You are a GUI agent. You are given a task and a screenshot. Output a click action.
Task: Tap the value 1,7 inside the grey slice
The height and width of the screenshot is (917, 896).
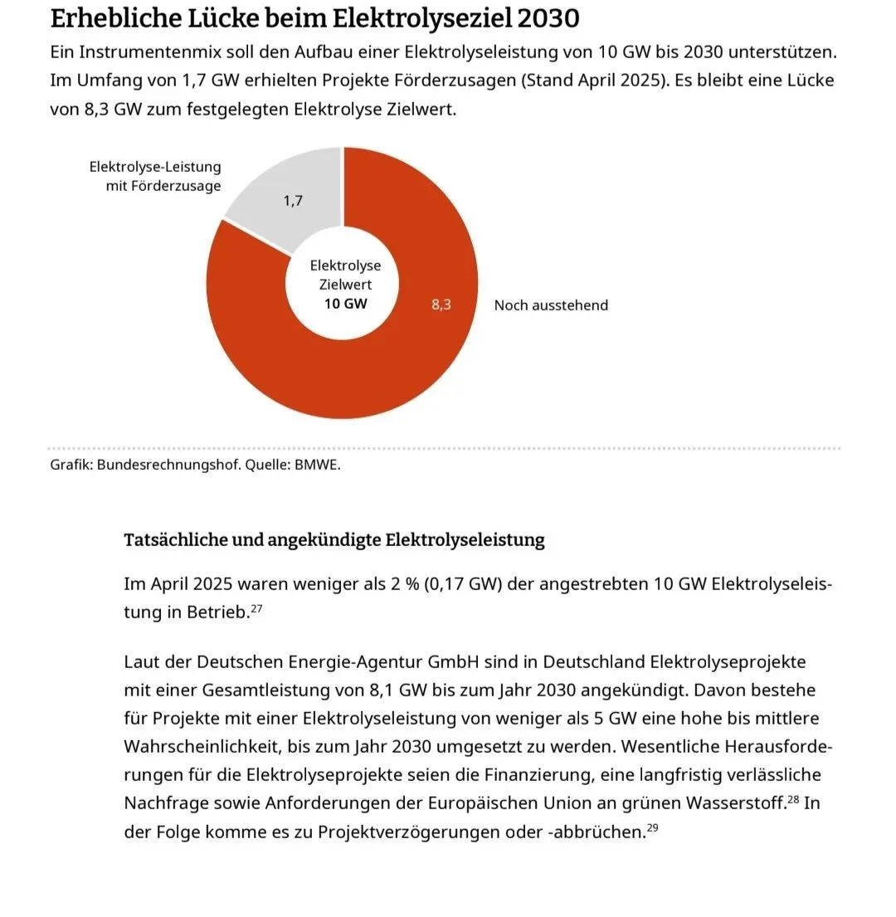click(x=293, y=200)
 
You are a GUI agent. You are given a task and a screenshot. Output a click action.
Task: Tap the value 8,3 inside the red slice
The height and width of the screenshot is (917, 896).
click(x=441, y=305)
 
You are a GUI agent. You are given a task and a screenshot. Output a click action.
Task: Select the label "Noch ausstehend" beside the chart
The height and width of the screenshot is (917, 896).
click(x=551, y=305)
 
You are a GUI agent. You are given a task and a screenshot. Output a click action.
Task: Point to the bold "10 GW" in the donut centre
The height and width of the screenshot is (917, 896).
click(x=345, y=304)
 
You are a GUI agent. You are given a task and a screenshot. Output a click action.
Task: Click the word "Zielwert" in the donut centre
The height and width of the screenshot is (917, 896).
click(x=345, y=285)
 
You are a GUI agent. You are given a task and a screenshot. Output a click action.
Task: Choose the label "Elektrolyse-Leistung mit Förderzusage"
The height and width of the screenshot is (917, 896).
click(x=155, y=177)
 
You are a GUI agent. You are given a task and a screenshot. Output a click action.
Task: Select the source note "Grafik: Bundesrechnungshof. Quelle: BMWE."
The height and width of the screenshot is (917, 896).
click(x=195, y=465)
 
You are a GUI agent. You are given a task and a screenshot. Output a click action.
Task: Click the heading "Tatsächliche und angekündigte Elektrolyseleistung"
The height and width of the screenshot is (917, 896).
click(x=334, y=540)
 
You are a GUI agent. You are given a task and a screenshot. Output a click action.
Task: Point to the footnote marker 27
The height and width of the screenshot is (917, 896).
click(x=256, y=609)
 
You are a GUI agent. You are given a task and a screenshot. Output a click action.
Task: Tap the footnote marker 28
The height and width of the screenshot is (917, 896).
click(x=793, y=800)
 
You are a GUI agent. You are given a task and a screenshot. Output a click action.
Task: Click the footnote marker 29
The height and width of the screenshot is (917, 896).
click(x=652, y=828)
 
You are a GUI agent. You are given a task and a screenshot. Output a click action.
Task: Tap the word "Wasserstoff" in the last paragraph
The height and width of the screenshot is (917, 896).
click(x=737, y=804)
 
